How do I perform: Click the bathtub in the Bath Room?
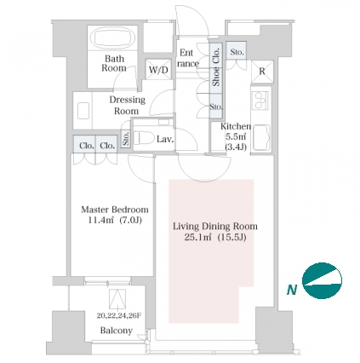(114, 38)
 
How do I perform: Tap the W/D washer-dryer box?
(158, 69)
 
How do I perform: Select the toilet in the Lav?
(140, 138)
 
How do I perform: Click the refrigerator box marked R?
(262, 72)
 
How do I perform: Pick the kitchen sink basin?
(261, 137)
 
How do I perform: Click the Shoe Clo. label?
(216, 67)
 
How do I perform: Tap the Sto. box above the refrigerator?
(237, 51)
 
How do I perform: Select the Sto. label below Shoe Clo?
(216, 107)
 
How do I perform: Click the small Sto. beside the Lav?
(126, 139)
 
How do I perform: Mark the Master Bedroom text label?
(115, 210)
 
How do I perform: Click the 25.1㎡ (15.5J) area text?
(215, 237)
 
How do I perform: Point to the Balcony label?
(117, 331)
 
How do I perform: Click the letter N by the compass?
(292, 290)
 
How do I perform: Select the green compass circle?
(322, 280)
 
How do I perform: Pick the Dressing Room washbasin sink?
(83, 110)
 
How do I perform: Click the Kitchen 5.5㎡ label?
(236, 131)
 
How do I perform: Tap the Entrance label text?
(188, 58)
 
